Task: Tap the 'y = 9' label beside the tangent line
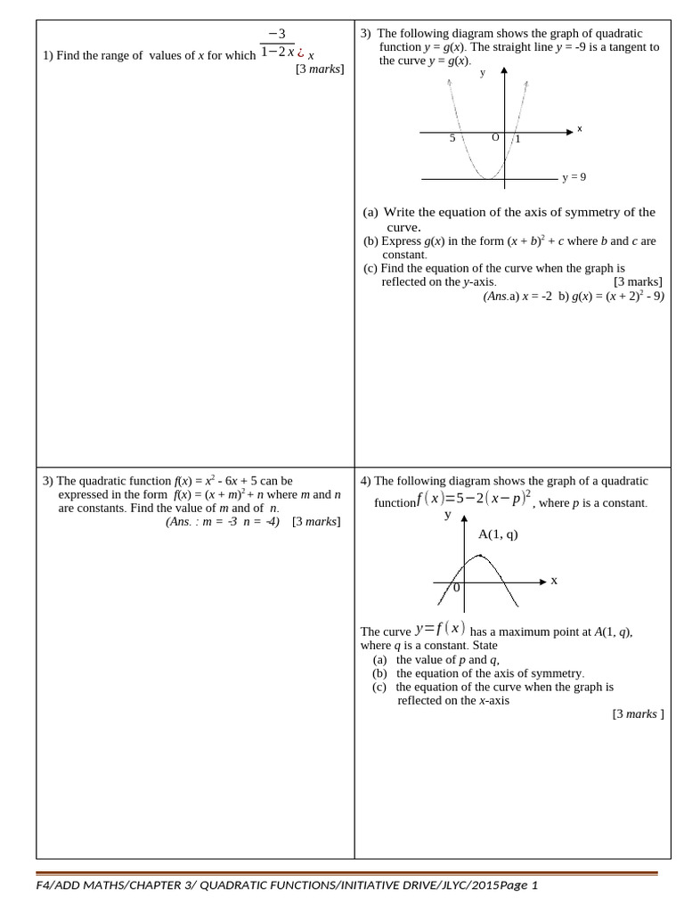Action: pos(574,177)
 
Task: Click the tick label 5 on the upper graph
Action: pos(452,138)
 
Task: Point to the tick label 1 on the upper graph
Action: pos(518,139)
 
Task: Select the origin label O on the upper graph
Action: pos(495,137)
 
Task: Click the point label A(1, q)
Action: pos(498,534)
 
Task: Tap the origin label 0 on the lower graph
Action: pos(457,588)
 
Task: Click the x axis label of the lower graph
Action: pos(554,581)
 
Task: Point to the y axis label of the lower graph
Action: pos(448,515)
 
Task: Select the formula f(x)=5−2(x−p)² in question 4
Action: pos(474,499)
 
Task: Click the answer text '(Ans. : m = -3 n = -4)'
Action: pos(223,522)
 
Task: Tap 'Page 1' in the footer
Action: pos(518,885)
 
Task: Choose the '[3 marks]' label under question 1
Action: pos(320,69)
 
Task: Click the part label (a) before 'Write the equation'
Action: pos(370,212)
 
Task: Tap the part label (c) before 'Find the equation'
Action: pos(370,268)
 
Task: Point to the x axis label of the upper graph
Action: pos(580,128)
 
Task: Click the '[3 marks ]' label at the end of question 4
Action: pos(638,713)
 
